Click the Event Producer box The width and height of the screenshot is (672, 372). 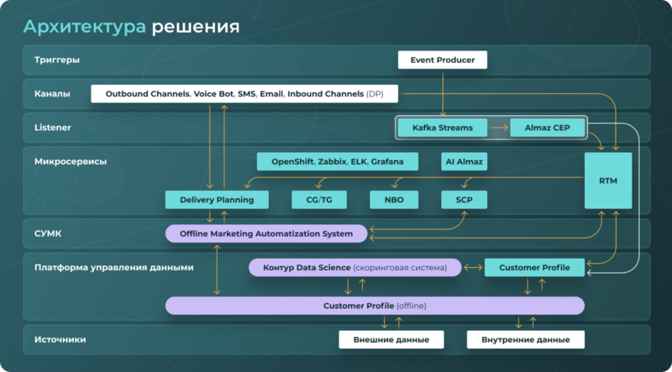[x=442, y=60]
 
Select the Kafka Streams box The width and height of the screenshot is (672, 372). [x=443, y=128]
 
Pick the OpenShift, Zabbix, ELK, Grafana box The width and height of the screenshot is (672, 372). [x=337, y=161]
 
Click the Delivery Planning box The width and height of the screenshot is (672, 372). [x=217, y=200]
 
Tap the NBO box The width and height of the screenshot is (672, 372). [x=394, y=200]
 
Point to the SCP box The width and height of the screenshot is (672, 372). [x=464, y=200]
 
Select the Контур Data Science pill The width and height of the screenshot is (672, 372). [x=355, y=268]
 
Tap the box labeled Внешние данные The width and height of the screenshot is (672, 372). [x=391, y=340]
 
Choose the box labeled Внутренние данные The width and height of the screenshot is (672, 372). [x=525, y=340]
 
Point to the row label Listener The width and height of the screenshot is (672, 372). [x=52, y=128]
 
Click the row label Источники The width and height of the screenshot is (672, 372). [x=60, y=340]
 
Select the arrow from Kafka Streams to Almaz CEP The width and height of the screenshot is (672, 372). [x=499, y=128]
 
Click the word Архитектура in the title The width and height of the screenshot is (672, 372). [x=84, y=26]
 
